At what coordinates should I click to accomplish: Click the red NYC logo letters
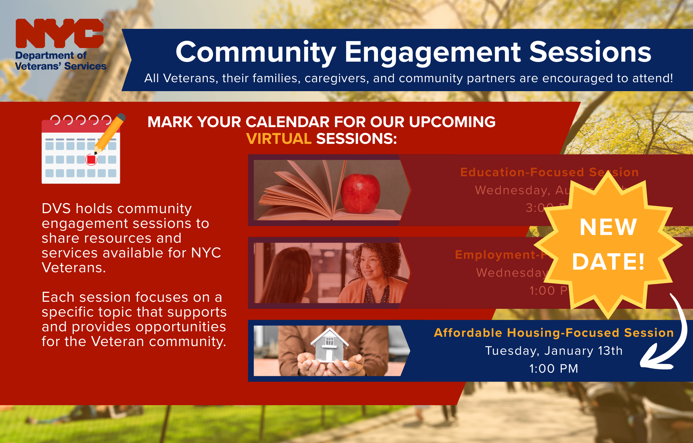pos(59,33)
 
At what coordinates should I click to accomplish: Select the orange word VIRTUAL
pos(278,139)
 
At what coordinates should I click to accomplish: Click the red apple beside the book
pos(360,193)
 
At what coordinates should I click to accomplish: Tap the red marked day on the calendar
pos(91,160)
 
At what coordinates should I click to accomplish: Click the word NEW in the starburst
pos(608,227)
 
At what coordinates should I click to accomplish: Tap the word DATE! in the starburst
pos(608,262)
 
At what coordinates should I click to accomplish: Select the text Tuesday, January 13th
pos(554,351)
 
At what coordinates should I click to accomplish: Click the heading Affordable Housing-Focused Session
pos(554,333)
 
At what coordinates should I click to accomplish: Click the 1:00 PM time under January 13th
pos(554,369)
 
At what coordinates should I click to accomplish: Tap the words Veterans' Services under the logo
pos(61,66)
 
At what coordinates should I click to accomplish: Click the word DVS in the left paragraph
pos(56,209)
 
